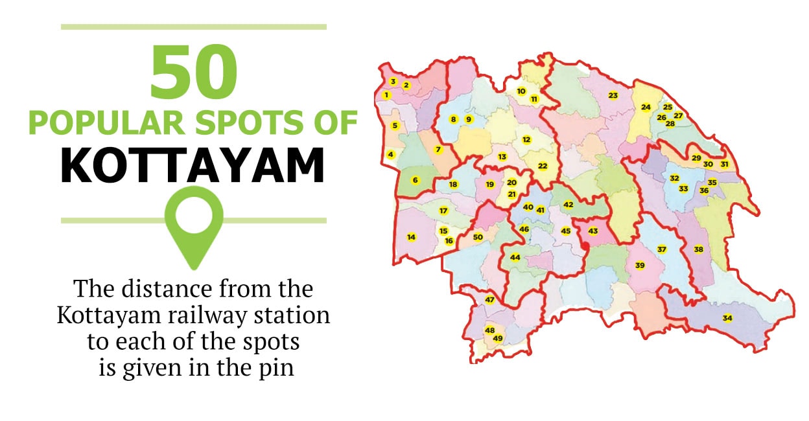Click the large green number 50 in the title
click(193, 70)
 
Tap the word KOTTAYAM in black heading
click(193, 166)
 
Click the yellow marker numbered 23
click(613, 96)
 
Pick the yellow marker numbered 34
click(727, 318)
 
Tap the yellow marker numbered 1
click(386, 95)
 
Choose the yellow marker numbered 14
click(411, 237)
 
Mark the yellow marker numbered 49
click(498, 338)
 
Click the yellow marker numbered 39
click(640, 266)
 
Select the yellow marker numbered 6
click(415, 180)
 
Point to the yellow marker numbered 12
click(526, 140)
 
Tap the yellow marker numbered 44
click(515, 257)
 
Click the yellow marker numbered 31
click(724, 165)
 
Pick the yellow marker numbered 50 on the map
click(478, 237)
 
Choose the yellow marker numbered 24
click(646, 107)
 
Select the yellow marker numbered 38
click(698, 249)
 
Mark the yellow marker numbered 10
click(521, 91)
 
